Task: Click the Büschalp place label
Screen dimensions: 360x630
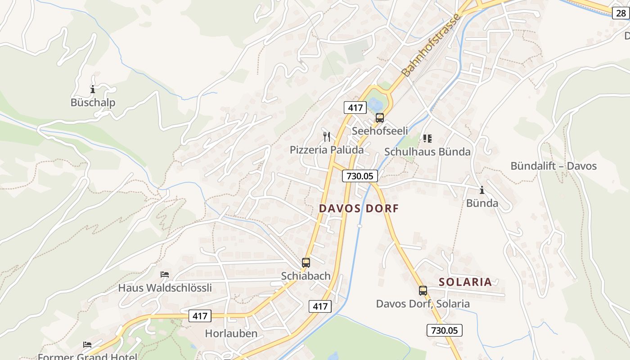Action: [93, 103]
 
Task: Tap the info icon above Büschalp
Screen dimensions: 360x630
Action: [93, 89]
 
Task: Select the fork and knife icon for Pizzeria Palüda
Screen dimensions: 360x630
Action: [327, 136]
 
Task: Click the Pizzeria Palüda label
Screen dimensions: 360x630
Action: [326, 150]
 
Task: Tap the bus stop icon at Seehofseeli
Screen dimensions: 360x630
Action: [380, 118]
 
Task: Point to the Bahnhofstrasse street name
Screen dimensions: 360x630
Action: [431, 45]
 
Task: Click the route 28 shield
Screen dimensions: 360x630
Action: [621, 13]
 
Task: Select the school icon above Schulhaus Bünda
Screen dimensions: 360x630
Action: [427, 139]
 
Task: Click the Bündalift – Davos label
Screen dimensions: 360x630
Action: [553, 166]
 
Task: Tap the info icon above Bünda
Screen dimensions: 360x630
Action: [482, 190]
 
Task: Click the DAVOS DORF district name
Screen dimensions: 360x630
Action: [359, 209]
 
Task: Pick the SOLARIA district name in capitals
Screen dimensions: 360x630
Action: [465, 282]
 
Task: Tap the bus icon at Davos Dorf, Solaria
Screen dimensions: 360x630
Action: [423, 290]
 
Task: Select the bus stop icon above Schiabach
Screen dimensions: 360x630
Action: [306, 262]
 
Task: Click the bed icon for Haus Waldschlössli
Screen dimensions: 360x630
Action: [165, 274]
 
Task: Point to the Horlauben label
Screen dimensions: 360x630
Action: [231, 333]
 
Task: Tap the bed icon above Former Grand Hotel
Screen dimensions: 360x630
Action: [87, 345]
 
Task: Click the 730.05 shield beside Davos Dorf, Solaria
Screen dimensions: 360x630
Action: [444, 330]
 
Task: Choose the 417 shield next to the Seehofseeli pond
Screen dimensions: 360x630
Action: [355, 108]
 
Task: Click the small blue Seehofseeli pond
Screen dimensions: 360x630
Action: [375, 105]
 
